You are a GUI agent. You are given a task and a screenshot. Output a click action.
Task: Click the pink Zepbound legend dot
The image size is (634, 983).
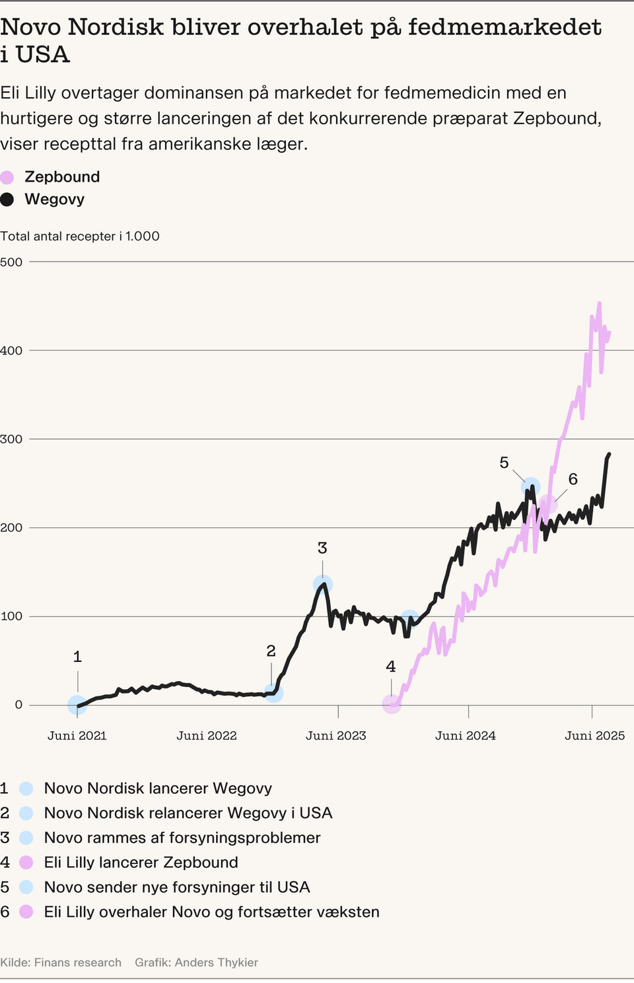point(7,177)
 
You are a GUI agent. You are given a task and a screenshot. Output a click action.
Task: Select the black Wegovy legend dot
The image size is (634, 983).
point(7,200)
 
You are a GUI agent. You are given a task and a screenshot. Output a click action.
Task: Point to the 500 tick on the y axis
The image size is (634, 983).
point(11,262)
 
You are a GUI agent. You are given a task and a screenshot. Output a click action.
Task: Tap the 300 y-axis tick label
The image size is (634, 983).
point(11,439)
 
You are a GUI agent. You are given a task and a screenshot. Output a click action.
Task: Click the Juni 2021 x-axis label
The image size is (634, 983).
point(77,736)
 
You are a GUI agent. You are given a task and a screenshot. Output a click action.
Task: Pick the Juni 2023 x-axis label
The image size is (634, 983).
point(335,736)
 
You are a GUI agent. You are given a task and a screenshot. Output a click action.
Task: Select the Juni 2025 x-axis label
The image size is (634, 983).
point(594,736)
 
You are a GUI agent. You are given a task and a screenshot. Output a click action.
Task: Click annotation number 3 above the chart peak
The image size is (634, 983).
point(322,548)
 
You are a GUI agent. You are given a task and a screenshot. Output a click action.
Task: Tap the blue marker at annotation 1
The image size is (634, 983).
point(77,705)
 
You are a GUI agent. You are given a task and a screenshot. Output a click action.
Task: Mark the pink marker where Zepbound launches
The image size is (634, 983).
point(392,704)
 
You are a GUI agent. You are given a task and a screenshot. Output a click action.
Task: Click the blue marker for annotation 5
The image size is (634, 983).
point(530,488)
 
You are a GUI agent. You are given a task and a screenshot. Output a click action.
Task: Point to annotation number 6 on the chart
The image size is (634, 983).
point(573,479)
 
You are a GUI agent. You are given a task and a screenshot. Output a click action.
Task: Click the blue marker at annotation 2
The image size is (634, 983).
point(273,693)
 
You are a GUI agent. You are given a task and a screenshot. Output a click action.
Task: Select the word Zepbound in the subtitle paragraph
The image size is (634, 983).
point(556,118)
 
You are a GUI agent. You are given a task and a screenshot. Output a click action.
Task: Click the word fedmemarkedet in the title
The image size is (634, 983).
point(505,27)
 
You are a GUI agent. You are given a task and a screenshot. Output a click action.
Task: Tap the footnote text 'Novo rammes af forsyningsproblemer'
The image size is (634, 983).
point(182,838)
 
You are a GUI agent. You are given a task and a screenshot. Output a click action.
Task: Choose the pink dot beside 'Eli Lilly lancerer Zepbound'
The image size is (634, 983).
point(26,862)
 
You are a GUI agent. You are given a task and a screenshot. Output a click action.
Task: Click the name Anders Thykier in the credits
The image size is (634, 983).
point(216,963)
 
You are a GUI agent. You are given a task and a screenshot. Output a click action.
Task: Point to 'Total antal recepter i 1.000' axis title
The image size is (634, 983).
point(80,237)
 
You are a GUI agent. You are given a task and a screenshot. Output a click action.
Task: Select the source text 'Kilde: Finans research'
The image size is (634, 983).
point(61,963)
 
